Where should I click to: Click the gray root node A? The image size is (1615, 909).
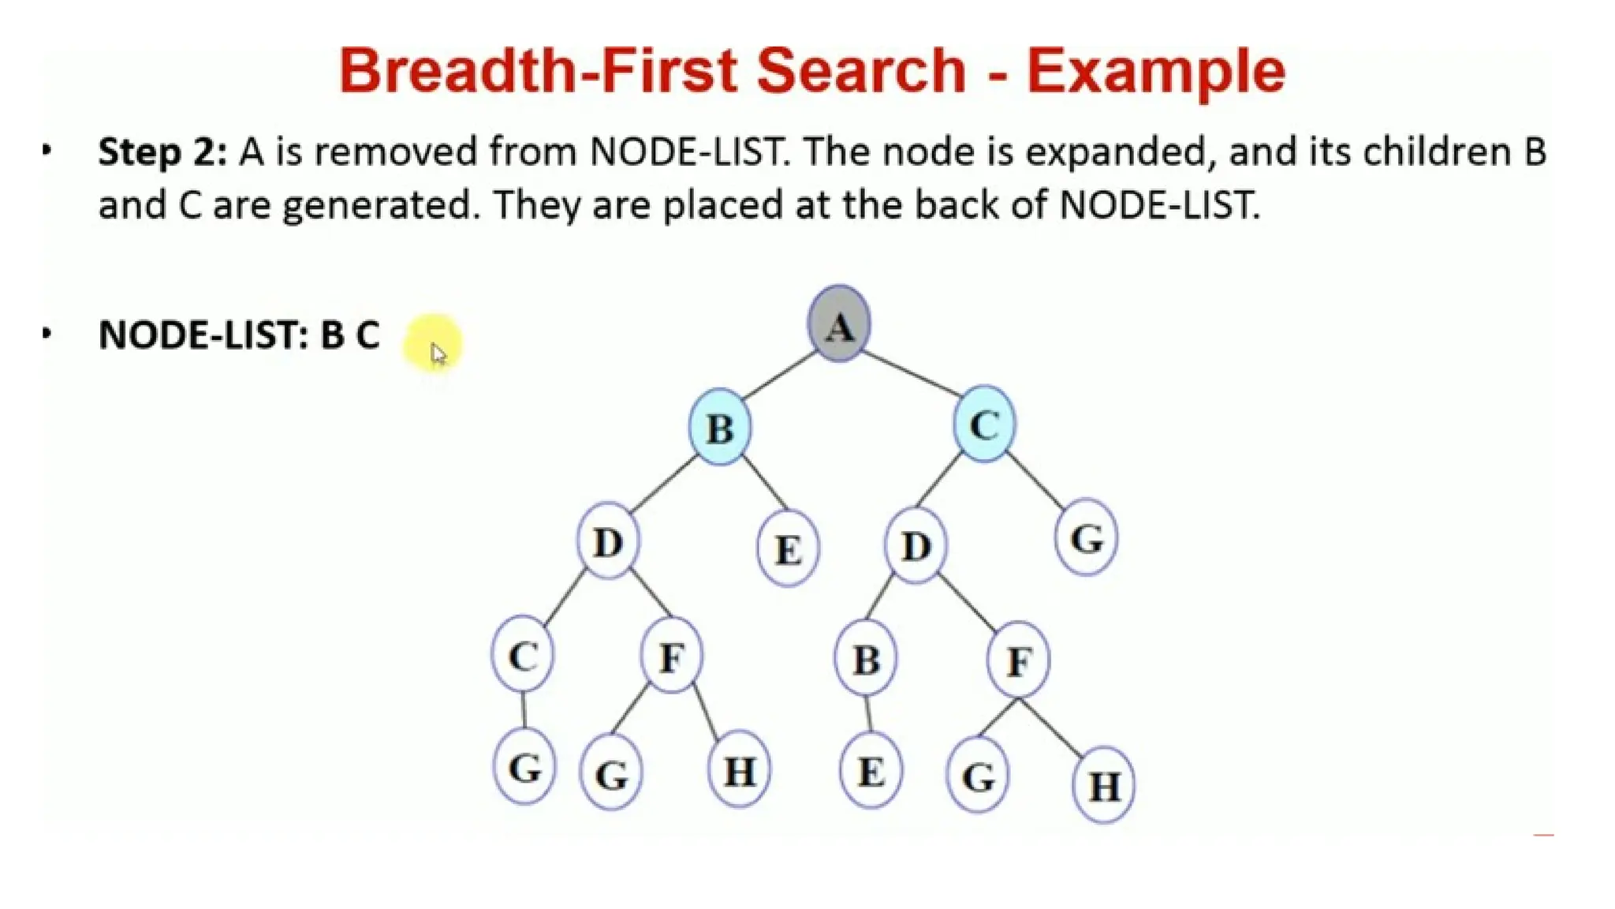coord(839,324)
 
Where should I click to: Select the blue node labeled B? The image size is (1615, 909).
coord(719,427)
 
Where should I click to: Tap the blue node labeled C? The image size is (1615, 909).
coord(983,425)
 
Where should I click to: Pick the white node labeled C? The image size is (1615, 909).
coord(523,655)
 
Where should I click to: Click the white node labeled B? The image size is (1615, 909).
coord(866,659)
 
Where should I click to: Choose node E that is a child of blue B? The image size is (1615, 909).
coord(788,548)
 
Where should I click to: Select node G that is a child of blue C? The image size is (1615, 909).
coord(1086,538)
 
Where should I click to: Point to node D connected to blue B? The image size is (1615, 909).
coord(607,541)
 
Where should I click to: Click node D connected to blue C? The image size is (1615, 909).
coord(915,544)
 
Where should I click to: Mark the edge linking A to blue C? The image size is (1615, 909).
coord(911,374)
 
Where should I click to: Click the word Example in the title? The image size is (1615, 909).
coord(1155,71)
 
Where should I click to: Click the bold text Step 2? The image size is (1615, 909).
coord(162,151)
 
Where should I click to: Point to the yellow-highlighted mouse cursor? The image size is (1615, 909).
coord(437,351)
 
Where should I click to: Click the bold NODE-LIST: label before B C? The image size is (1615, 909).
coord(203,335)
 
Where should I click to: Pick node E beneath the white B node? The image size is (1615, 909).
coord(871,771)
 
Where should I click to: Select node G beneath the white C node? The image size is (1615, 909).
coord(524,767)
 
